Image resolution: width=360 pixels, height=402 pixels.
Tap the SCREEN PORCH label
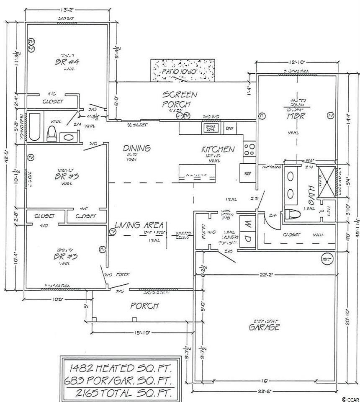[x=180, y=100]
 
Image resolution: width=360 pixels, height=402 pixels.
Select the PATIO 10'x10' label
[x=184, y=72]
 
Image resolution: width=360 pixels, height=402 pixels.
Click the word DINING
[x=136, y=148]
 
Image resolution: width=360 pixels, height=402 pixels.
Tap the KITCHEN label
[x=218, y=149]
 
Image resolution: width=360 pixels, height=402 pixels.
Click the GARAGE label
[x=264, y=327]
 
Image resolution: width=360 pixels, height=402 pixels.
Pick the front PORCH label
[x=144, y=306]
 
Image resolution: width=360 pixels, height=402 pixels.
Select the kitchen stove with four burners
[x=250, y=150]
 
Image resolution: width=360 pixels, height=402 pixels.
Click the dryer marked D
[x=247, y=239]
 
